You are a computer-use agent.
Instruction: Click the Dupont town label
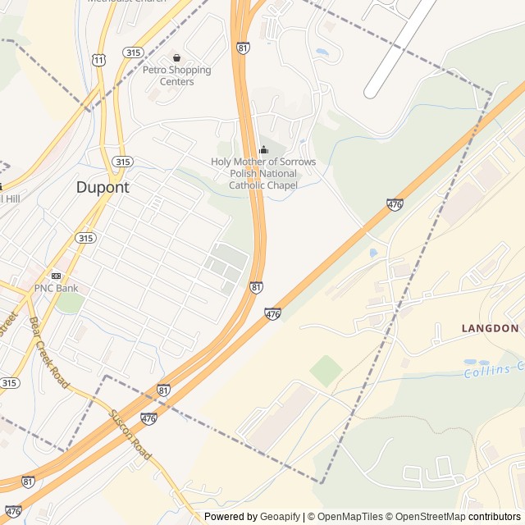tap(103, 187)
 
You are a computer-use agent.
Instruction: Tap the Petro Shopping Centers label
tap(177, 75)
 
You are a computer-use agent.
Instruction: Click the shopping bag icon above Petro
tap(176, 57)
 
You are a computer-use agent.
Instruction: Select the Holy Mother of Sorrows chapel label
tap(262, 174)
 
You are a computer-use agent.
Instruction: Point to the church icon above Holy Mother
tap(263, 150)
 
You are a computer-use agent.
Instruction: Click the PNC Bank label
tap(56, 289)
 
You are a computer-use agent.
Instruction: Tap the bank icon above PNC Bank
tap(56, 276)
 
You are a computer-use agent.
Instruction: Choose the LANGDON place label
tap(490, 328)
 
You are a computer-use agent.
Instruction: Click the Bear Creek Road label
tap(48, 353)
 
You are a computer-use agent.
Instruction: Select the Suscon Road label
tap(130, 435)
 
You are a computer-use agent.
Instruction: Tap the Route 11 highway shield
tap(99, 61)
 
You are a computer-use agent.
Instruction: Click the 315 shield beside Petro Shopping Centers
tap(133, 52)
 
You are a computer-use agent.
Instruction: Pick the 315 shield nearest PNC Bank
tap(85, 238)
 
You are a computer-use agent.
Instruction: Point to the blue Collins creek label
tap(492, 370)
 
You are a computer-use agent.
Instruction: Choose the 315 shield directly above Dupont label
tap(122, 162)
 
